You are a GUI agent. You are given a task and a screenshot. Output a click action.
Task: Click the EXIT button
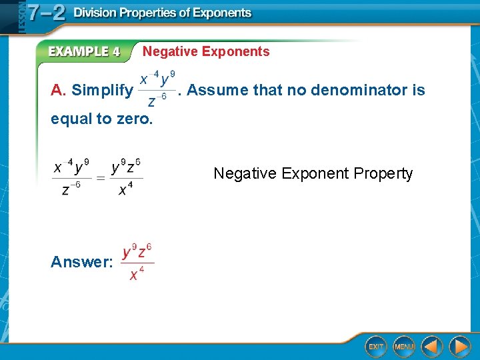click(x=376, y=347)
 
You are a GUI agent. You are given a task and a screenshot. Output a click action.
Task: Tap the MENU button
click(x=404, y=347)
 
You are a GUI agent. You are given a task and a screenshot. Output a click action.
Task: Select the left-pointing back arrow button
click(x=432, y=347)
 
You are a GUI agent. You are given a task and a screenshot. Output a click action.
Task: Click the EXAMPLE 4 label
click(x=84, y=52)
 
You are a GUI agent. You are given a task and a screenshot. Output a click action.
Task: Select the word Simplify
click(x=102, y=90)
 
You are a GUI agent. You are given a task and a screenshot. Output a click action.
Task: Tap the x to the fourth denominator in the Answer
click(x=135, y=273)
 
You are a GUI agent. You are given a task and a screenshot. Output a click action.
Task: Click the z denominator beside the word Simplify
click(x=156, y=101)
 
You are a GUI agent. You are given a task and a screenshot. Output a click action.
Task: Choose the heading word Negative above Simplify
click(x=170, y=52)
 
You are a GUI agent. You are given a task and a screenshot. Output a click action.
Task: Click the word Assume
click(x=217, y=90)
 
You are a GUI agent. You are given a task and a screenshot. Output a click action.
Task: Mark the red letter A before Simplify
click(x=57, y=90)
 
